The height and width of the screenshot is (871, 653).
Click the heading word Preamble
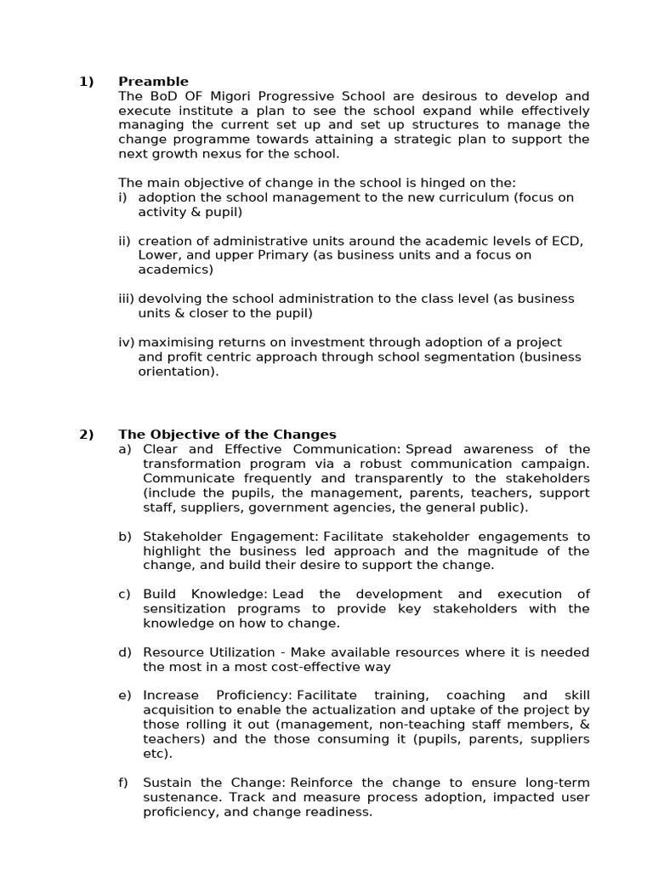(x=153, y=82)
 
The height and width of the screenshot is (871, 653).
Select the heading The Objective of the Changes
(x=227, y=434)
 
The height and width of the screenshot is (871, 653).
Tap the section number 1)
(x=86, y=82)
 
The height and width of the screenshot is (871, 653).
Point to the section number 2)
(x=86, y=434)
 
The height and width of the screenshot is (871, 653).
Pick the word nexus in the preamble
(x=216, y=154)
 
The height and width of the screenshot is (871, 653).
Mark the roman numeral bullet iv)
(x=127, y=342)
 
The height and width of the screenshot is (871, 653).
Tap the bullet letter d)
(x=125, y=652)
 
